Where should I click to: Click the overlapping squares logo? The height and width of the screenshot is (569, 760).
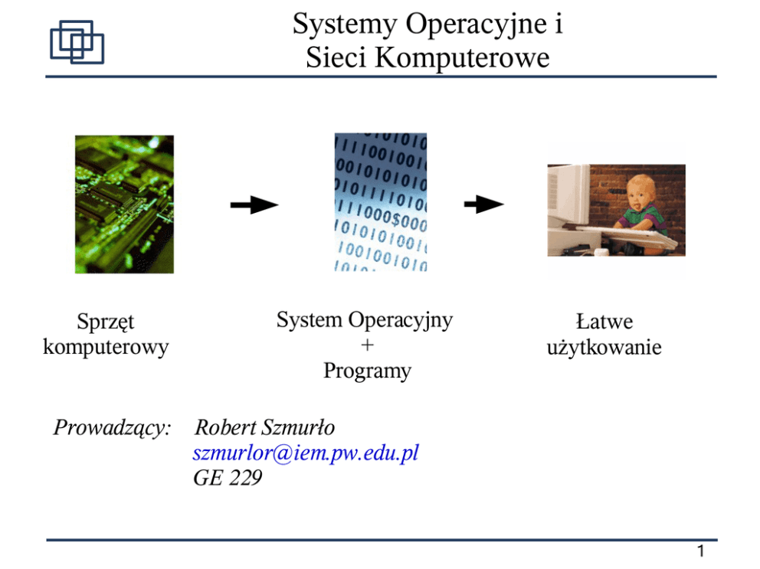click(77, 42)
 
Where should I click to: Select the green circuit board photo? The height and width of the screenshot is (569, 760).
click(124, 204)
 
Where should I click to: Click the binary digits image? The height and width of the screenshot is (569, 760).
click(380, 202)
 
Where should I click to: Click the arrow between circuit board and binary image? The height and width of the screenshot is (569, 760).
click(254, 204)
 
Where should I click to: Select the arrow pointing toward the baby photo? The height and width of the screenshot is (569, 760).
click(483, 204)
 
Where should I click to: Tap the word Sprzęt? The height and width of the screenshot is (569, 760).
click(106, 322)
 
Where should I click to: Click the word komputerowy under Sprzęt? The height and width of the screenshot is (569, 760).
click(106, 347)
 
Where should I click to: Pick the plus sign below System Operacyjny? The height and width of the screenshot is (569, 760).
click(367, 345)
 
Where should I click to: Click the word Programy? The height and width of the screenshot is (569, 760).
click(367, 371)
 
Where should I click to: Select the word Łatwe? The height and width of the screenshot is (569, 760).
click(604, 322)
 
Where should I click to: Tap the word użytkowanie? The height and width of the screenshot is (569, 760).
click(604, 348)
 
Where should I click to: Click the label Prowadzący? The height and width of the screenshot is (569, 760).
click(112, 427)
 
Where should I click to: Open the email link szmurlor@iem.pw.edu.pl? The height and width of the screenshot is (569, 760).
click(306, 453)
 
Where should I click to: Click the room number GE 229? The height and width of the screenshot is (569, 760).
click(228, 479)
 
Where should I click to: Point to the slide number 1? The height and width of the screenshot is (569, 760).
click(700, 551)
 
